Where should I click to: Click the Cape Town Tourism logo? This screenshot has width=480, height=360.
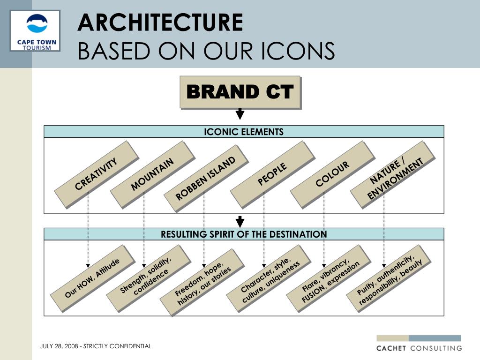(x=35, y=30)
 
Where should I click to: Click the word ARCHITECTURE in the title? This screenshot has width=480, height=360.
(x=160, y=22)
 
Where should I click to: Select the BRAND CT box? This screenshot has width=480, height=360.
(x=240, y=92)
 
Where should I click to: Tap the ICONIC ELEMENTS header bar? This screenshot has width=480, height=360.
(x=244, y=132)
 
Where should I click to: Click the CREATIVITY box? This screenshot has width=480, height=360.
(x=96, y=174)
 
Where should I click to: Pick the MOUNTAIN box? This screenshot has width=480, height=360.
(x=152, y=174)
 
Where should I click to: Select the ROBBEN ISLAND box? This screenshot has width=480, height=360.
(x=206, y=178)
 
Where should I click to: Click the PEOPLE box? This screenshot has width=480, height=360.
(x=272, y=174)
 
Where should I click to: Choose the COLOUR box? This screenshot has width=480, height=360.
(x=332, y=174)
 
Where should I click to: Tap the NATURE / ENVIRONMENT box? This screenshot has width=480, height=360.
(x=392, y=174)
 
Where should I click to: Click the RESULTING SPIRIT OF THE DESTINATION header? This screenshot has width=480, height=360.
(x=244, y=234)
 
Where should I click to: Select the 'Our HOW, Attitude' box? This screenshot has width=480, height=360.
(x=92, y=278)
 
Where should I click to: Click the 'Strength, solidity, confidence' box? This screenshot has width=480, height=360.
(x=148, y=278)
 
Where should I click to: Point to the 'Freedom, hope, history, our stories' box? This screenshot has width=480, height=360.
(x=202, y=282)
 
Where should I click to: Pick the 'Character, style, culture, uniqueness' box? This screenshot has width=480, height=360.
(x=268, y=278)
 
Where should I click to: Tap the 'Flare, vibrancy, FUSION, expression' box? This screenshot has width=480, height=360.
(x=328, y=278)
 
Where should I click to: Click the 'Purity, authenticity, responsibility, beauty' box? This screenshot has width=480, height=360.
(x=388, y=278)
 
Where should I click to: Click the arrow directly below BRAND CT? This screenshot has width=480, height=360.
(x=240, y=114)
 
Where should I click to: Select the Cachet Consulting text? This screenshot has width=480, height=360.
(x=419, y=348)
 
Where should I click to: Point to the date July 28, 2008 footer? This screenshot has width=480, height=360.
(x=96, y=346)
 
